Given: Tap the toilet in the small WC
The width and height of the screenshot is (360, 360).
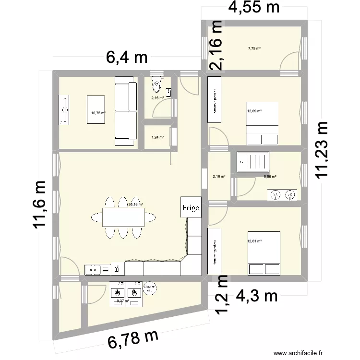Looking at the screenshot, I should coord(156,85).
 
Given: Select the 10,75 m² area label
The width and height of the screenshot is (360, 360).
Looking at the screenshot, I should coord(98,114).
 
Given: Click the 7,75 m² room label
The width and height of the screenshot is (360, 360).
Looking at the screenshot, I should coord(254,48).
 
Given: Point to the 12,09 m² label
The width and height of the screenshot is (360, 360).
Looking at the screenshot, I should coord(254,111).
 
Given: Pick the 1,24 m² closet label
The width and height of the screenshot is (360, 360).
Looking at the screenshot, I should coord(157,137).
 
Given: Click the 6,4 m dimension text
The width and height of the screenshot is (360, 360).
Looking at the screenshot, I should coord(127,59).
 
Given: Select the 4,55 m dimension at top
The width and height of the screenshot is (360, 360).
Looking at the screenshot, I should coord(253,8).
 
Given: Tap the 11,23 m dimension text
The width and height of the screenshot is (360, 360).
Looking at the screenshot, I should coord(323,150).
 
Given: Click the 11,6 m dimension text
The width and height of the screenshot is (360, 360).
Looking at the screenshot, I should coord(41,204).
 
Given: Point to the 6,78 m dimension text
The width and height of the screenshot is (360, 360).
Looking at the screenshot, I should coord(133,339).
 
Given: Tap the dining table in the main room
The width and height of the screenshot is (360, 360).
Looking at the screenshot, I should coord(123,217).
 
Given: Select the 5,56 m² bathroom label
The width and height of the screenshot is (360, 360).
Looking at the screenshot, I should coord(270,177).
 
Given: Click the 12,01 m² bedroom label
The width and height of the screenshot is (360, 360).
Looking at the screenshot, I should coord(254,241).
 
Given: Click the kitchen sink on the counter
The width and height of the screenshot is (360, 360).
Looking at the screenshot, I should coord(94,270).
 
